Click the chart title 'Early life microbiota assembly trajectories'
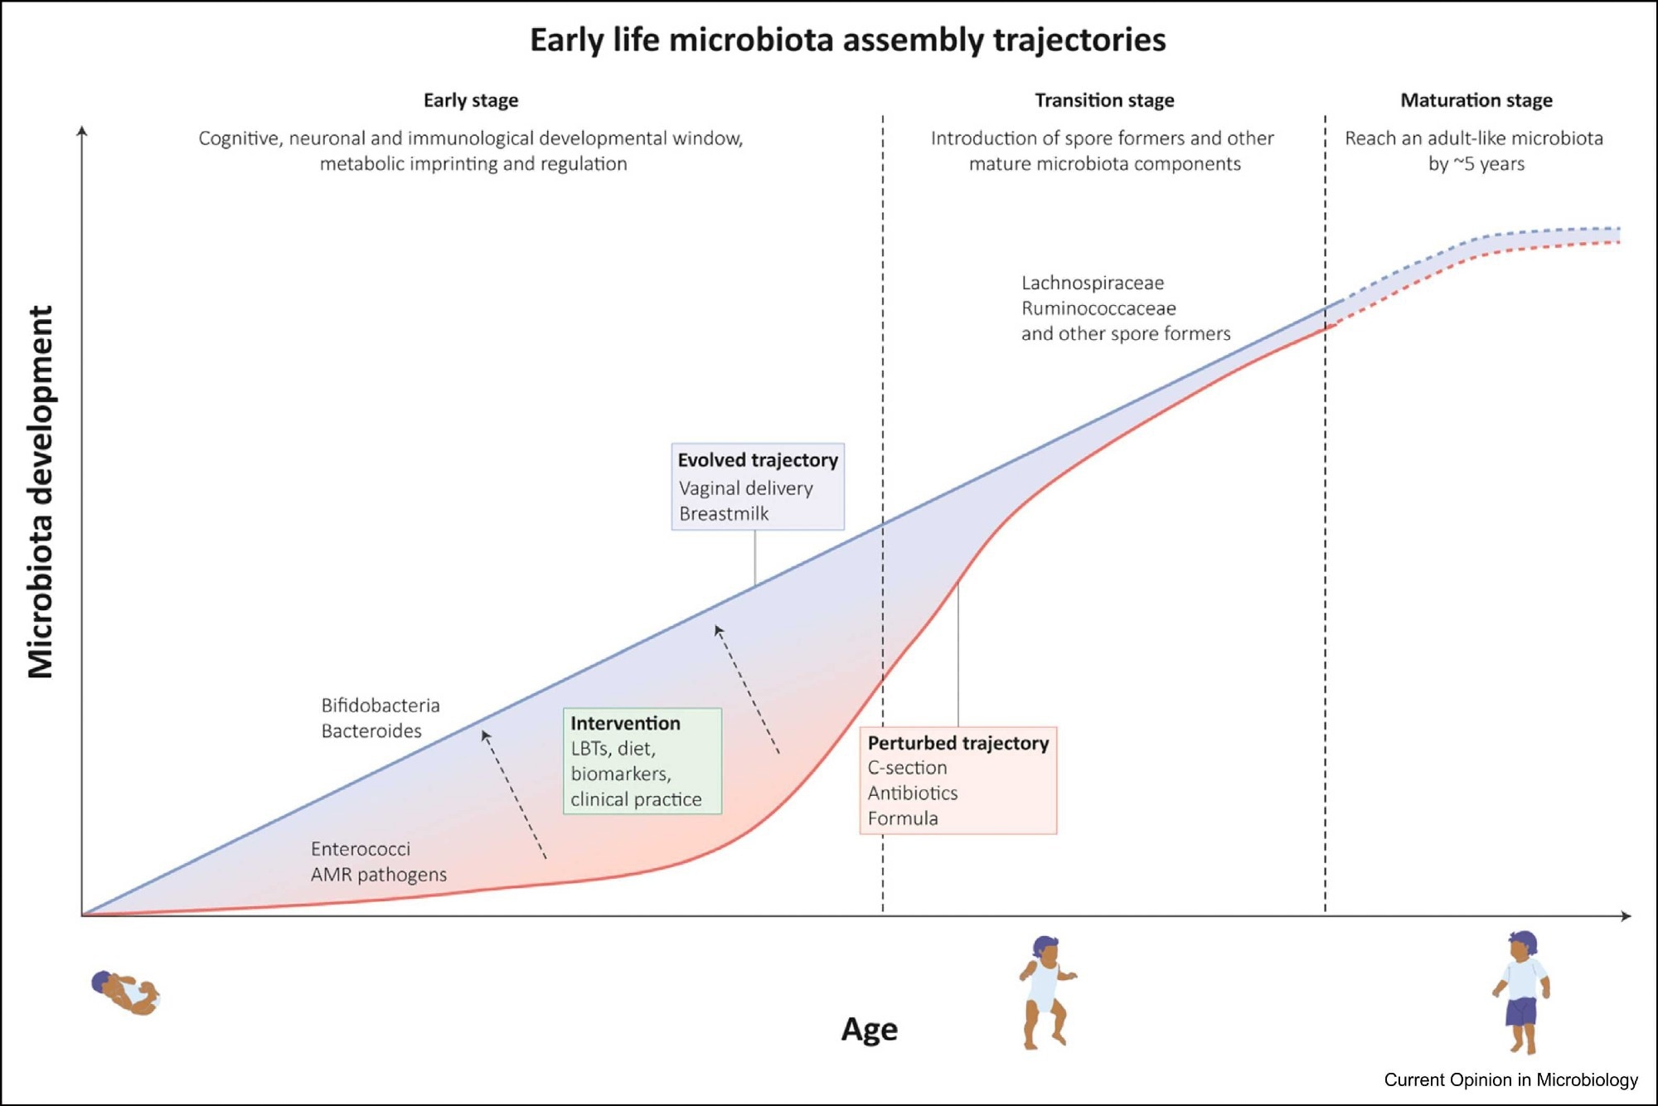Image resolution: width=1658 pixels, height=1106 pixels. pyautogui.click(x=847, y=40)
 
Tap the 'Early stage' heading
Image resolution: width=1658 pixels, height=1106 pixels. pyautogui.click(x=471, y=100)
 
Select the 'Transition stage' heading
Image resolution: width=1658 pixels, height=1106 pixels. pyautogui.click(x=1104, y=100)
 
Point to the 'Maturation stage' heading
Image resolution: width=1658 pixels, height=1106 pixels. pyautogui.click(x=1476, y=100)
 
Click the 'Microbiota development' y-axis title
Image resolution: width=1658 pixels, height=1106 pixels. pyautogui.click(x=41, y=492)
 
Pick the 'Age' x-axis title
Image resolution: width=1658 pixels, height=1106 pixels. pyautogui.click(x=869, y=1029)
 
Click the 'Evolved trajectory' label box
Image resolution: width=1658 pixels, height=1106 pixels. pyautogui.click(x=758, y=487)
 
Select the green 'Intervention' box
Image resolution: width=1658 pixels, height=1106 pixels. pyautogui.click(x=642, y=760)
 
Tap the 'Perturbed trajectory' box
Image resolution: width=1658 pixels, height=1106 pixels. pyautogui.click(x=958, y=780)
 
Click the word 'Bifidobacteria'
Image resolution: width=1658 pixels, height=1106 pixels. pyautogui.click(x=381, y=706)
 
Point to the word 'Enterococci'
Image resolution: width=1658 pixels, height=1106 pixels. pyautogui.click(x=361, y=849)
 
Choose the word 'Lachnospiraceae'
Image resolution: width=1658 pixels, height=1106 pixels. pyautogui.click(x=1093, y=283)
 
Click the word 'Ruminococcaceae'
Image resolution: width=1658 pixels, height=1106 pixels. pyautogui.click(x=1098, y=308)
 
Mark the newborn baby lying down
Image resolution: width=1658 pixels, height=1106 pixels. pyautogui.click(x=125, y=992)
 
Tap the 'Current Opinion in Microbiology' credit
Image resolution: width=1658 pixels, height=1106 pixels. pyautogui.click(x=1510, y=1079)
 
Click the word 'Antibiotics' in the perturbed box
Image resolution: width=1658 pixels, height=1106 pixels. pyautogui.click(x=913, y=793)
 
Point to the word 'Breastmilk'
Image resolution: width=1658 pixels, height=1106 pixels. pyautogui.click(x=724, y=514)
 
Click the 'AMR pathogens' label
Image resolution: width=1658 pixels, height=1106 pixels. pyautogui.click(x=379, y=875)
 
